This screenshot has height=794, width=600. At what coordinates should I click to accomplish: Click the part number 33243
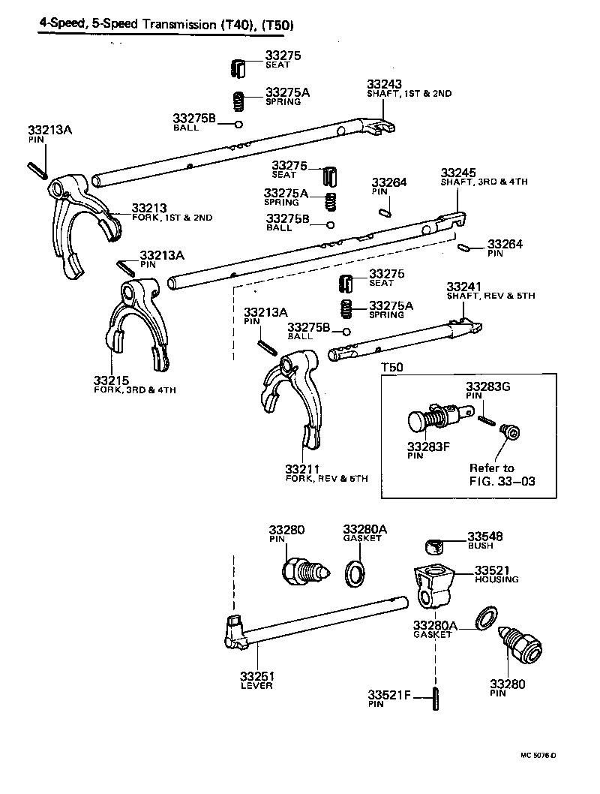click(x=385, y=84)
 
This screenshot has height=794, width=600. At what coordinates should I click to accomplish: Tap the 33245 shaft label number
click(x=458, y=172)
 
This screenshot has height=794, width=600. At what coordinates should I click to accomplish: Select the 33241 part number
click(x=464, y=287)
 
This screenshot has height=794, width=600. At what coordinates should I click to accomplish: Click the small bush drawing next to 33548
click(x=433, y=545)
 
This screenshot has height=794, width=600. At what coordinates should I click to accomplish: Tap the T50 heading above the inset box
click(x=392, y=368)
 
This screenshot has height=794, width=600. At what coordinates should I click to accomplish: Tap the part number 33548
click(x=485, y=537)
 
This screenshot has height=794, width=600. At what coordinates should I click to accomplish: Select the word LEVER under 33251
click(x=256, y=686)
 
